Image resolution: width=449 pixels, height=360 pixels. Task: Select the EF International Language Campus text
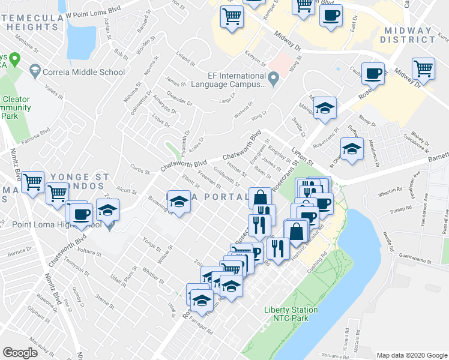pos(228,80)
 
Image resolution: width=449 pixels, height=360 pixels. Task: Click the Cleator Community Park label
pos(16,108)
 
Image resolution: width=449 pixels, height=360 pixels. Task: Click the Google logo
pos(20,352)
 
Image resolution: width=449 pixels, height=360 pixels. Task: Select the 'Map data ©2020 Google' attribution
pos(411,355)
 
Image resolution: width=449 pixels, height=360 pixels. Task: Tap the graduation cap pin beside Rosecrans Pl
pos(352,148)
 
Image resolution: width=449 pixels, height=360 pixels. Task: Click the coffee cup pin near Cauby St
pos(373,73)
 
